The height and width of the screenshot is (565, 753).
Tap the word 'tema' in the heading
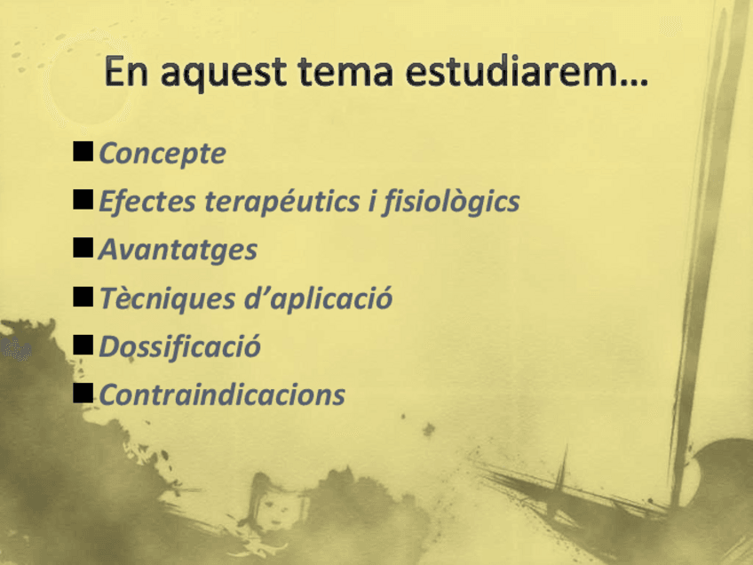coord(345,72)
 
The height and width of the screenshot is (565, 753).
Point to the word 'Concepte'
coord(162,154)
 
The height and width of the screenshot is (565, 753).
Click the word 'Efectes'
coord(147,201)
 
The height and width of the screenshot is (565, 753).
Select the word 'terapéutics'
coord(282,202)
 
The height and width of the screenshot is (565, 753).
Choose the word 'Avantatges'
coord(178,250)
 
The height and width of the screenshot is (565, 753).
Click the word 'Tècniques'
coord(167,298)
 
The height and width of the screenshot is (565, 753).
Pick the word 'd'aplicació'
coord(319,298)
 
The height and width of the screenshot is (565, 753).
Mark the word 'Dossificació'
coord(179,346)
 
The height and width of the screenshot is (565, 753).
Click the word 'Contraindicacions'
coord(222,395)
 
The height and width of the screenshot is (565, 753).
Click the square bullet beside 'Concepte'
coord(83,151)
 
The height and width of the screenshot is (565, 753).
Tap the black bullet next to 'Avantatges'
coord(83,248)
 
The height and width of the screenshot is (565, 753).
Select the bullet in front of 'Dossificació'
coord(83,345)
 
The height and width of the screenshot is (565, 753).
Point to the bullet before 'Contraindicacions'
coord(83,393)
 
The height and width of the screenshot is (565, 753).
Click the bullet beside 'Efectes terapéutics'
coord(83,199)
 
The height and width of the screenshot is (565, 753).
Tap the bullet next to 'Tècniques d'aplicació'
coord(83,297)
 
